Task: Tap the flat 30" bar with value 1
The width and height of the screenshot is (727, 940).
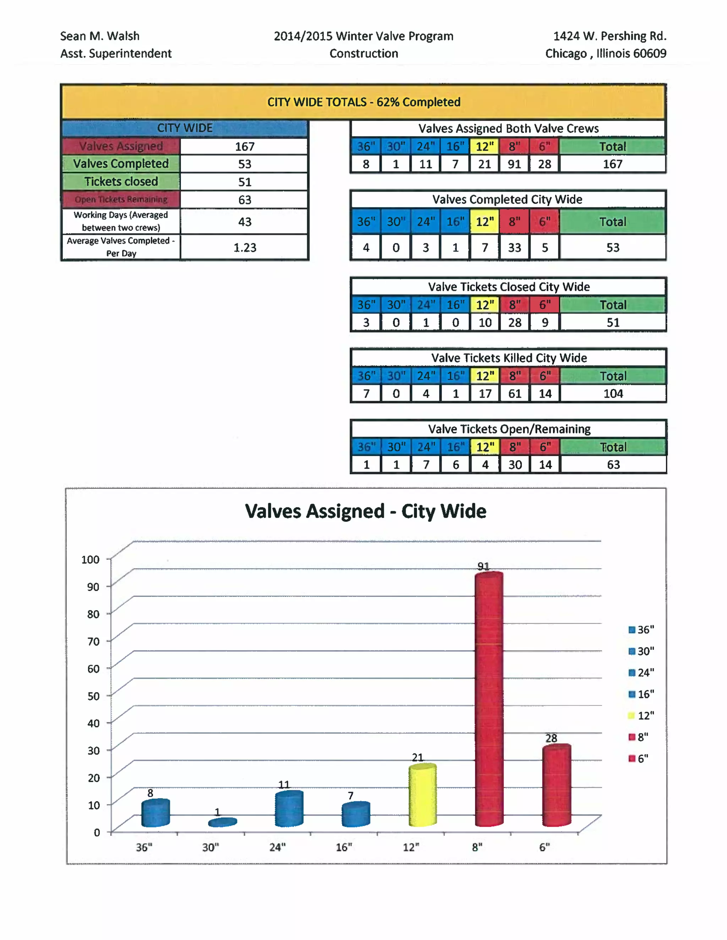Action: click(222, 823)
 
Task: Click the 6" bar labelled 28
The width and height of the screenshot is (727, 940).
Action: click(557, 785)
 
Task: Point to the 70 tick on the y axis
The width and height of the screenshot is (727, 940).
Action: click(93, 642)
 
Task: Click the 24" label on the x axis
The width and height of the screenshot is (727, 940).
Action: click(277, 847)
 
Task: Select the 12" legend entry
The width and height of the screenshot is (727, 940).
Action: click(641, 716)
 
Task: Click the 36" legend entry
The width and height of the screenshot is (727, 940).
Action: click(641, 630)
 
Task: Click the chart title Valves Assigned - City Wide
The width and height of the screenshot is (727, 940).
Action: click(365, 511)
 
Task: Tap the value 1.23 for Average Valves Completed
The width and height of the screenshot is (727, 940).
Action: click(245, 248)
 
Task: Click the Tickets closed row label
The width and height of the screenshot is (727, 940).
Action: click(121, 182)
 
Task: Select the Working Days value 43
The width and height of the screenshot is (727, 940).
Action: click(245, 222)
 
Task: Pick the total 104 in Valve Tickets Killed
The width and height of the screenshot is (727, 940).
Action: click(613, 393)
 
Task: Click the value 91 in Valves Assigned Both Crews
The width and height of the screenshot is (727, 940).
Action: click(514, 164)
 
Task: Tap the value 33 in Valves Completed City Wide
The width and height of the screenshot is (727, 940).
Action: click(514, 248)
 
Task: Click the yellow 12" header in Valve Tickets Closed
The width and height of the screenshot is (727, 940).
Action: click(485, 305)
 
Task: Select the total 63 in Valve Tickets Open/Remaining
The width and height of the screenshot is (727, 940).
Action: click(613, 464)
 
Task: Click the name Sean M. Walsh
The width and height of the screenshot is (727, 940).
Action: click(99, 36)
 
